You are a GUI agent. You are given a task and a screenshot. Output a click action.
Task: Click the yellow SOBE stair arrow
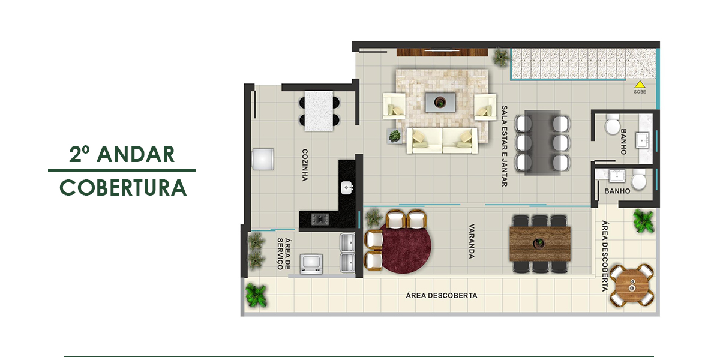pos(640,84)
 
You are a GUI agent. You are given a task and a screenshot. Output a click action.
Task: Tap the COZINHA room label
pos(305,165)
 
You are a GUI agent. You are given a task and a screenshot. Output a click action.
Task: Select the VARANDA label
pos(471,241)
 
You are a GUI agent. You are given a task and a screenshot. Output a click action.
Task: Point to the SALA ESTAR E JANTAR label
pos(505,146)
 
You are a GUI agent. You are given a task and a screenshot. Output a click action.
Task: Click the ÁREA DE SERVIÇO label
pos(284,254)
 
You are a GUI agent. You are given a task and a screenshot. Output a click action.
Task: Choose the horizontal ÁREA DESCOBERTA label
pos(442,295)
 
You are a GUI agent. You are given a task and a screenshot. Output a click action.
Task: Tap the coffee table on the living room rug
pos(440,102)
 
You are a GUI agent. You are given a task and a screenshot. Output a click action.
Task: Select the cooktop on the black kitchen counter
pos(320,219)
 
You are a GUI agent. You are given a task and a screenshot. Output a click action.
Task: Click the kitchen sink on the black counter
pos(347,188)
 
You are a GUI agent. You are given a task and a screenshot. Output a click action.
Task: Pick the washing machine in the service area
pos(311,264)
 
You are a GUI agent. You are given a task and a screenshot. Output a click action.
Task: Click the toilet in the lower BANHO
pos(638,179)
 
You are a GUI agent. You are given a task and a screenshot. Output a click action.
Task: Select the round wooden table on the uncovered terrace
pos(632,285)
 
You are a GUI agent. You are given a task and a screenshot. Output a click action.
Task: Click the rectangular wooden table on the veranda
pos(540,244)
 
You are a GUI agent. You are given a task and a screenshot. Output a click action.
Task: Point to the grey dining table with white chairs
pos(542,143)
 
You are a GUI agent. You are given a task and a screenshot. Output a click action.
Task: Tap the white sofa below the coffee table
pos(442,140)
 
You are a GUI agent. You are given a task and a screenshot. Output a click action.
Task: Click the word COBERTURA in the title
pos(123,188)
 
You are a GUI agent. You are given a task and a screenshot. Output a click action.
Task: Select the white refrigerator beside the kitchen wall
pos(263,159)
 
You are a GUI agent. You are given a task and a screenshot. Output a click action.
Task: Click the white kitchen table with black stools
pos(319,111)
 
